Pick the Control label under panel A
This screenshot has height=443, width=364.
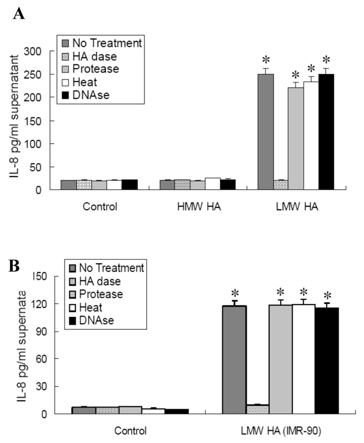pyautogui.click(x=100, y=207)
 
